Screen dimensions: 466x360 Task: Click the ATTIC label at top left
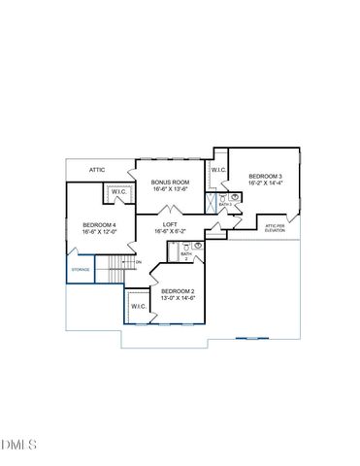tap(97, 170)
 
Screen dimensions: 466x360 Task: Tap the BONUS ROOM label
tap(171, 182)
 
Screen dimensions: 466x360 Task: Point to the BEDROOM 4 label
tap(99, 225)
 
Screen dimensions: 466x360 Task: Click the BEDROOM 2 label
tap(178, 291)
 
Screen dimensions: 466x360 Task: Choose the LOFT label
tap(170, 224)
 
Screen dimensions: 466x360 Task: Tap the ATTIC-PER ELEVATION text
tap(276, 228)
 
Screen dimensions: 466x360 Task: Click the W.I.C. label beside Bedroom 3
tap(218, 170)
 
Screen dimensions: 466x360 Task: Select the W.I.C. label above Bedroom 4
tap(119, 192)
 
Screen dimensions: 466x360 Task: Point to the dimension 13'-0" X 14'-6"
tap(178, 299)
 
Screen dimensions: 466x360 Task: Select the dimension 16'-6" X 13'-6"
tap(171, 189)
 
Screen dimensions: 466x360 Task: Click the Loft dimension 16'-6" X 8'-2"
tap(170, 232)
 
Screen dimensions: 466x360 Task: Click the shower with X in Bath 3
tap(212, 204)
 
